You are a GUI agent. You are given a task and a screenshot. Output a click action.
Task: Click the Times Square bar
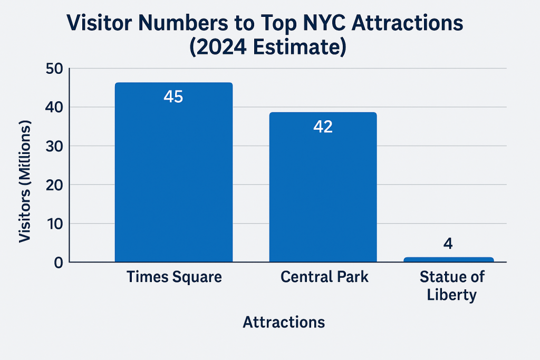(x=173, y=172)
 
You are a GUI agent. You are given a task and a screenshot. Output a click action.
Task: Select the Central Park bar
(x=323, y=187)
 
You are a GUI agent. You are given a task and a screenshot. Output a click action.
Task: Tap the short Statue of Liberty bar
(x=448, y=259)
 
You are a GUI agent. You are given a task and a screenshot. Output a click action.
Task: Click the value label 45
(x=173, y=96)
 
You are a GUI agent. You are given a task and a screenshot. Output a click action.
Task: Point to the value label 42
(x=323, y=127)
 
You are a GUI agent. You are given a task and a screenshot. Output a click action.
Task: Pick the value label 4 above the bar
(x=448, y=244)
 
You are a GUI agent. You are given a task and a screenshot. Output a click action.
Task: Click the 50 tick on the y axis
(x=54, y=69)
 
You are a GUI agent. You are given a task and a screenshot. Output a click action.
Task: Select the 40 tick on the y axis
(x=54, y=108)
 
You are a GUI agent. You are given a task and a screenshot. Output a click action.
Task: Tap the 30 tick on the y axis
(x=54, y=147)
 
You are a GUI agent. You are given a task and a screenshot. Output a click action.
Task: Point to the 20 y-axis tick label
(x=54, y=185)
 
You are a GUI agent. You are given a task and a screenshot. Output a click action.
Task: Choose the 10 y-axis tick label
(x=55, y=223)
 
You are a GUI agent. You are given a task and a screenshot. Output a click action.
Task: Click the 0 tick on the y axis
(x=59, y=262)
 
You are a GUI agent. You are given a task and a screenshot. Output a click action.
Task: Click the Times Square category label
(x=174, y=277)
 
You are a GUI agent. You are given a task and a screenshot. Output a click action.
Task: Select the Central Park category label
(x=324, y=277)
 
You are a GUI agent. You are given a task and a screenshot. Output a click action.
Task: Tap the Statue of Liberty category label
(x=452, y=286)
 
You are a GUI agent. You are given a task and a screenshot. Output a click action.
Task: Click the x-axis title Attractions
(x=284, y=322)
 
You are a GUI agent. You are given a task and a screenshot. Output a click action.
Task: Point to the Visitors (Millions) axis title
(x=25, y=181)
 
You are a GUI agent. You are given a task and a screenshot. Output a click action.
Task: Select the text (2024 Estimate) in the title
(x=268, y=47)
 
